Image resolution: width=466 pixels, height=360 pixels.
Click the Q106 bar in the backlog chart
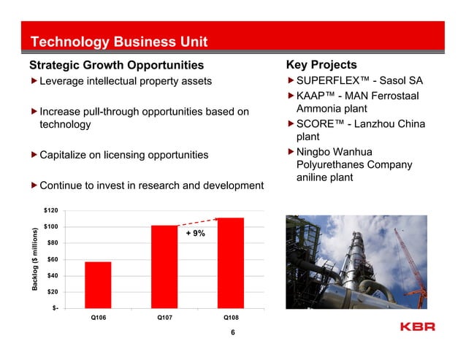click(x=98, y=285)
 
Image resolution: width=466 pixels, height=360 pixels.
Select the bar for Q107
click(x=164, y=267)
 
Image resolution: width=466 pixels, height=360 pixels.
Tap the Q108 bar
click(x=230, y=263)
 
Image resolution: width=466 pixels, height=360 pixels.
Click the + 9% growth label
click(x=195, y=234)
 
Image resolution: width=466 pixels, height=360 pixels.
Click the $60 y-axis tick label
click(x=52, y=259)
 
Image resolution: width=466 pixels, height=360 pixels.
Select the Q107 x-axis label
click(x=164, y=318)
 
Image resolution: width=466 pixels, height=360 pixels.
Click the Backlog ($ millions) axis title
click(x=34, y=259)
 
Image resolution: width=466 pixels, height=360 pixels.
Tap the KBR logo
click(x=418, y=326)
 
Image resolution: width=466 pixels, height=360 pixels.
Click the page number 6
click(x=232, y=333)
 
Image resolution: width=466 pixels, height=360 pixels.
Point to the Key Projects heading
click(x=321, y=65)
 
